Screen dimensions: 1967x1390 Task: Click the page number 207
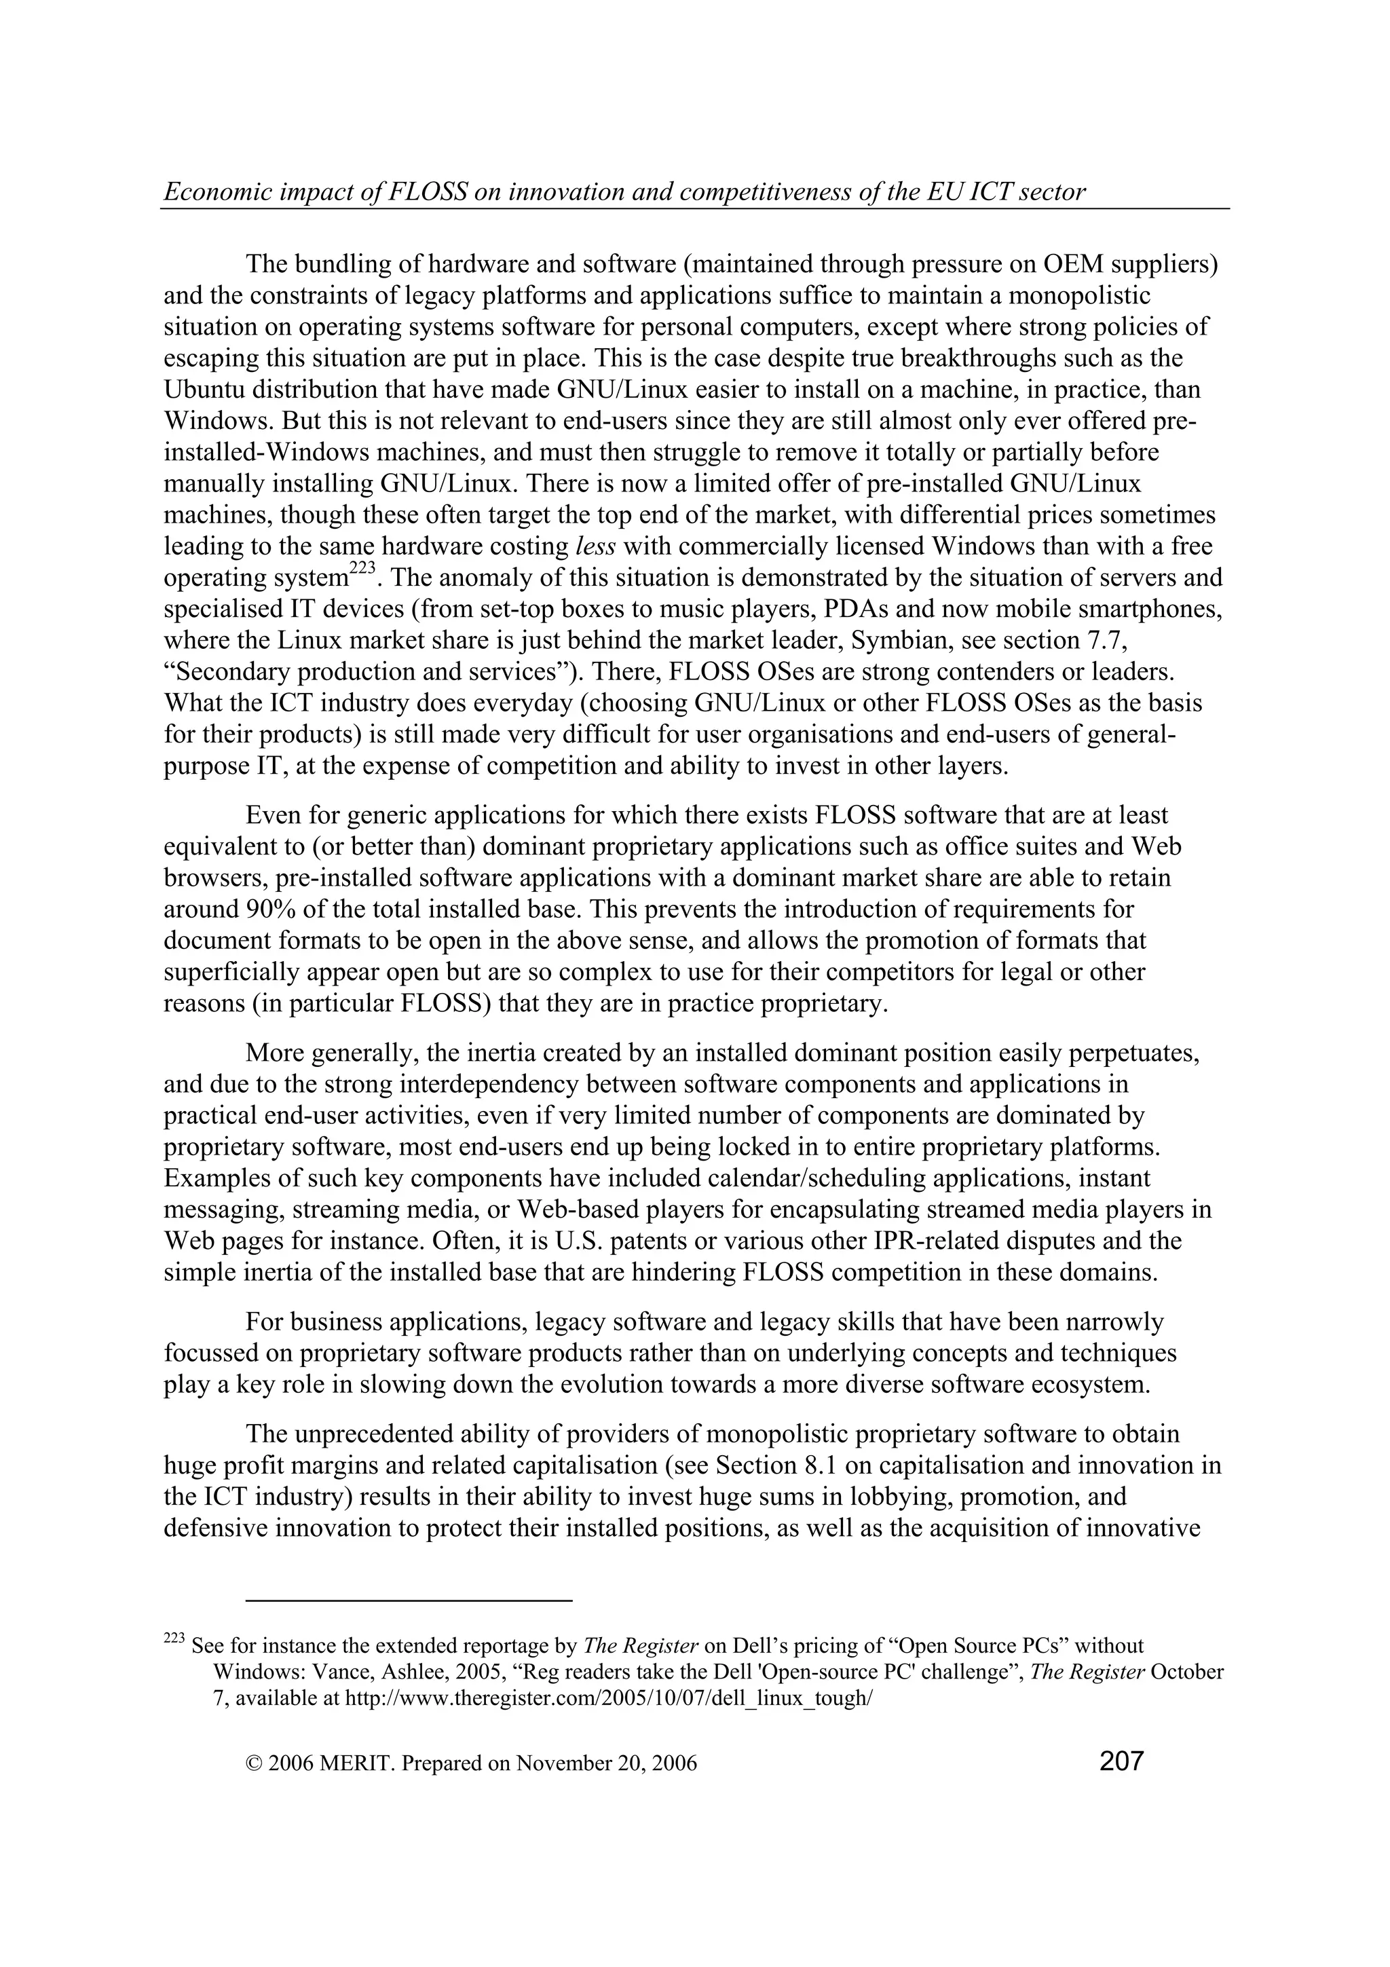(1121, 1761)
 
